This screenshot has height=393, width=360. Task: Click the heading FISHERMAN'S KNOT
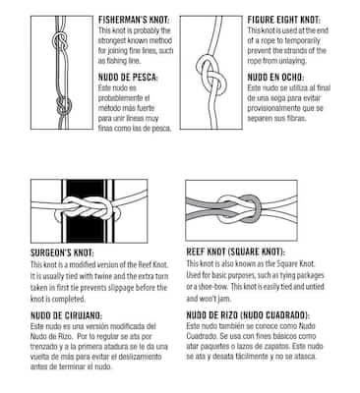[134, 20]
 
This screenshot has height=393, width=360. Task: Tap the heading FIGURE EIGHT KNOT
[283, 20]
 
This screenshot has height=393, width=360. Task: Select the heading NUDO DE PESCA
[128, 78]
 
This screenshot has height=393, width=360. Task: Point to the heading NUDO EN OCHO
[275, 78]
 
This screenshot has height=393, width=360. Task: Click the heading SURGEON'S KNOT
[62, 253]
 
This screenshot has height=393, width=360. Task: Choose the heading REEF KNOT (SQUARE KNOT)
[236, 252]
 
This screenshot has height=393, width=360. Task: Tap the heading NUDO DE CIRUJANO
[67, 315]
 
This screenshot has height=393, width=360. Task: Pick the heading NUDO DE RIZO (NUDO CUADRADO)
[248, 315]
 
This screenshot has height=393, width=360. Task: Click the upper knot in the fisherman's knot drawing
[60, 41]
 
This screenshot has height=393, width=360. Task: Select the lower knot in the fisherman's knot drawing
[64, 106]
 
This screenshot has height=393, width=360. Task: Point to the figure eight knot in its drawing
[211, 76]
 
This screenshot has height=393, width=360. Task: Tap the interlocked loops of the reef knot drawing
[239, 209]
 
